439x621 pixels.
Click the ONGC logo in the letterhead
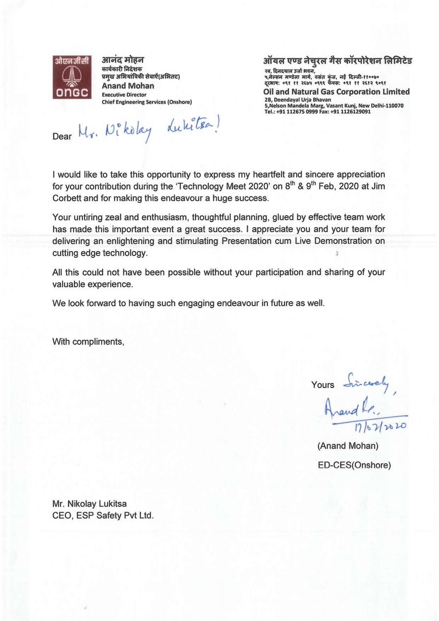pos(72,77)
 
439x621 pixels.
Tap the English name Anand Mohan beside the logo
pos(128,86)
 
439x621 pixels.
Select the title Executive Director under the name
pos(124,95)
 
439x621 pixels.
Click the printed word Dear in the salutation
pos(62,137)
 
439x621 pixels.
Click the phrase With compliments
pos(88,342)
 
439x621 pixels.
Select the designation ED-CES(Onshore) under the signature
pos(354,465)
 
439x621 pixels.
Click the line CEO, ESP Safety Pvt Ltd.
pos(103,516)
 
